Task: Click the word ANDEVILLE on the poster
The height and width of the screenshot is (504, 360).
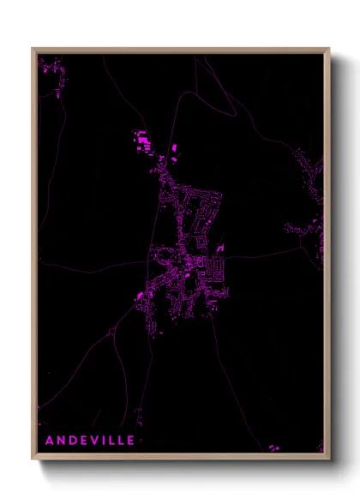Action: [x=89, y=440]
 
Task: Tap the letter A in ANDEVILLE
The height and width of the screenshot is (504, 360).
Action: [x=49, y=440]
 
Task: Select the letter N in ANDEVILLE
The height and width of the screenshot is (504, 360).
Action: [x=60, y=440]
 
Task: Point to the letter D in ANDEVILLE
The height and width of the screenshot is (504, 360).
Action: [x=72, y=440]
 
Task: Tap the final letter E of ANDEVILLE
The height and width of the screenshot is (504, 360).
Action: [x=130, y=440]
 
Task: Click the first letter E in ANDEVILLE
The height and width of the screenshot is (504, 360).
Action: [x=83, y=440]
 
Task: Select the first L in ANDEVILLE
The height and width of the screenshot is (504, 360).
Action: [x=111, y=440]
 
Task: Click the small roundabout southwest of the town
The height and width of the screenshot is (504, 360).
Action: [x=112, y=328]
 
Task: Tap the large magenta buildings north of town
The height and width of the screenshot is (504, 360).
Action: [x=142, y=137]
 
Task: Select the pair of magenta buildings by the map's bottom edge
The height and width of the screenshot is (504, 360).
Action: [x=273, y=447]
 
